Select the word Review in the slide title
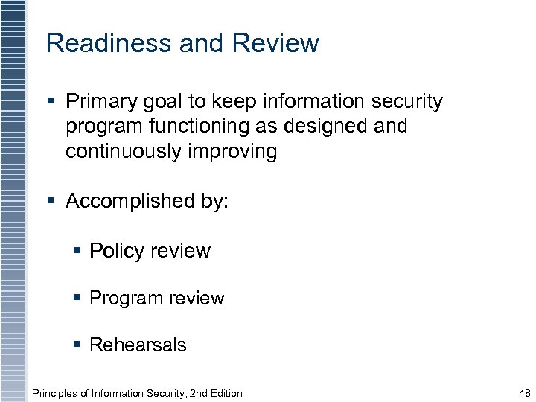[275, 43]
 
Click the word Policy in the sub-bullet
[117, 251]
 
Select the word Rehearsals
[138, 345]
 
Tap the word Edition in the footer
[224, 393]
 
